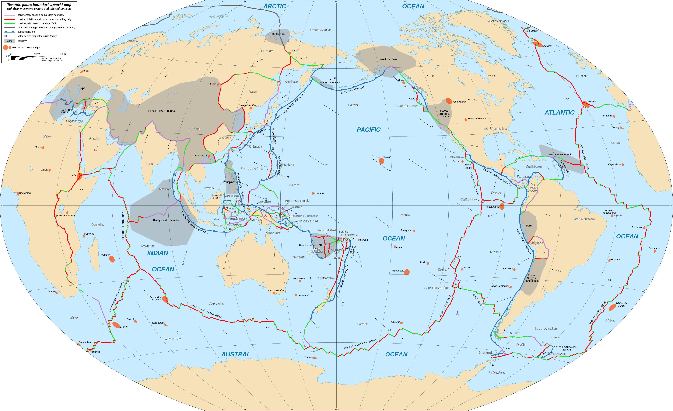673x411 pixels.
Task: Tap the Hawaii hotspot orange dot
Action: click(382, 161)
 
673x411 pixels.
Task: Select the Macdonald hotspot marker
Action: click(407, 272)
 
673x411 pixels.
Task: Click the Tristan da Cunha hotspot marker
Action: click(612, 307)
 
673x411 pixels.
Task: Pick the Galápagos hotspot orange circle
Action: click(502, 206)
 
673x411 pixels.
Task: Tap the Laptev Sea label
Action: click(278, 34)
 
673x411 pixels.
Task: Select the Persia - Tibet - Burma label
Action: click(161, 111)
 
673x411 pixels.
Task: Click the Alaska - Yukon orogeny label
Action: click(389, 59)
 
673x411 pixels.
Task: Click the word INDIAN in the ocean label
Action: click(158, 253)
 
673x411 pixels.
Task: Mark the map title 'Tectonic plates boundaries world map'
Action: click(39, 5)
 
